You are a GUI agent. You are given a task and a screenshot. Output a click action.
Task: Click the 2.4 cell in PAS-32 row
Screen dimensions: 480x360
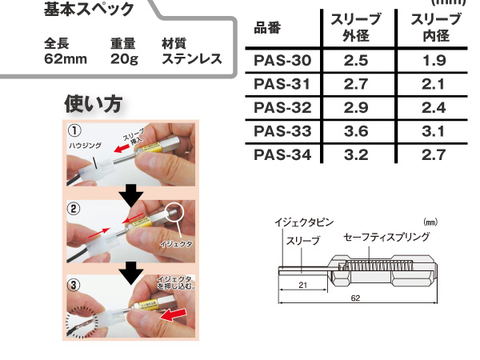[433, 107]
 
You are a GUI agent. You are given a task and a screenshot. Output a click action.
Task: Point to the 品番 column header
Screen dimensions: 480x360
[270, 29]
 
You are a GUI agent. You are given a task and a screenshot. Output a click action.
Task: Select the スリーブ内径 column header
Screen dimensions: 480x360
[433, 28]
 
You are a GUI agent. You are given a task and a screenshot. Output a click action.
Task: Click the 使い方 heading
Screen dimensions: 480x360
[93, 105]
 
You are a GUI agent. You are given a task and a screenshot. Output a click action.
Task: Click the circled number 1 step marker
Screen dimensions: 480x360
[74, 130]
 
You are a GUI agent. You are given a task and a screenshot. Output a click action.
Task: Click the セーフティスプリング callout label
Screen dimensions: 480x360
[386, 237]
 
